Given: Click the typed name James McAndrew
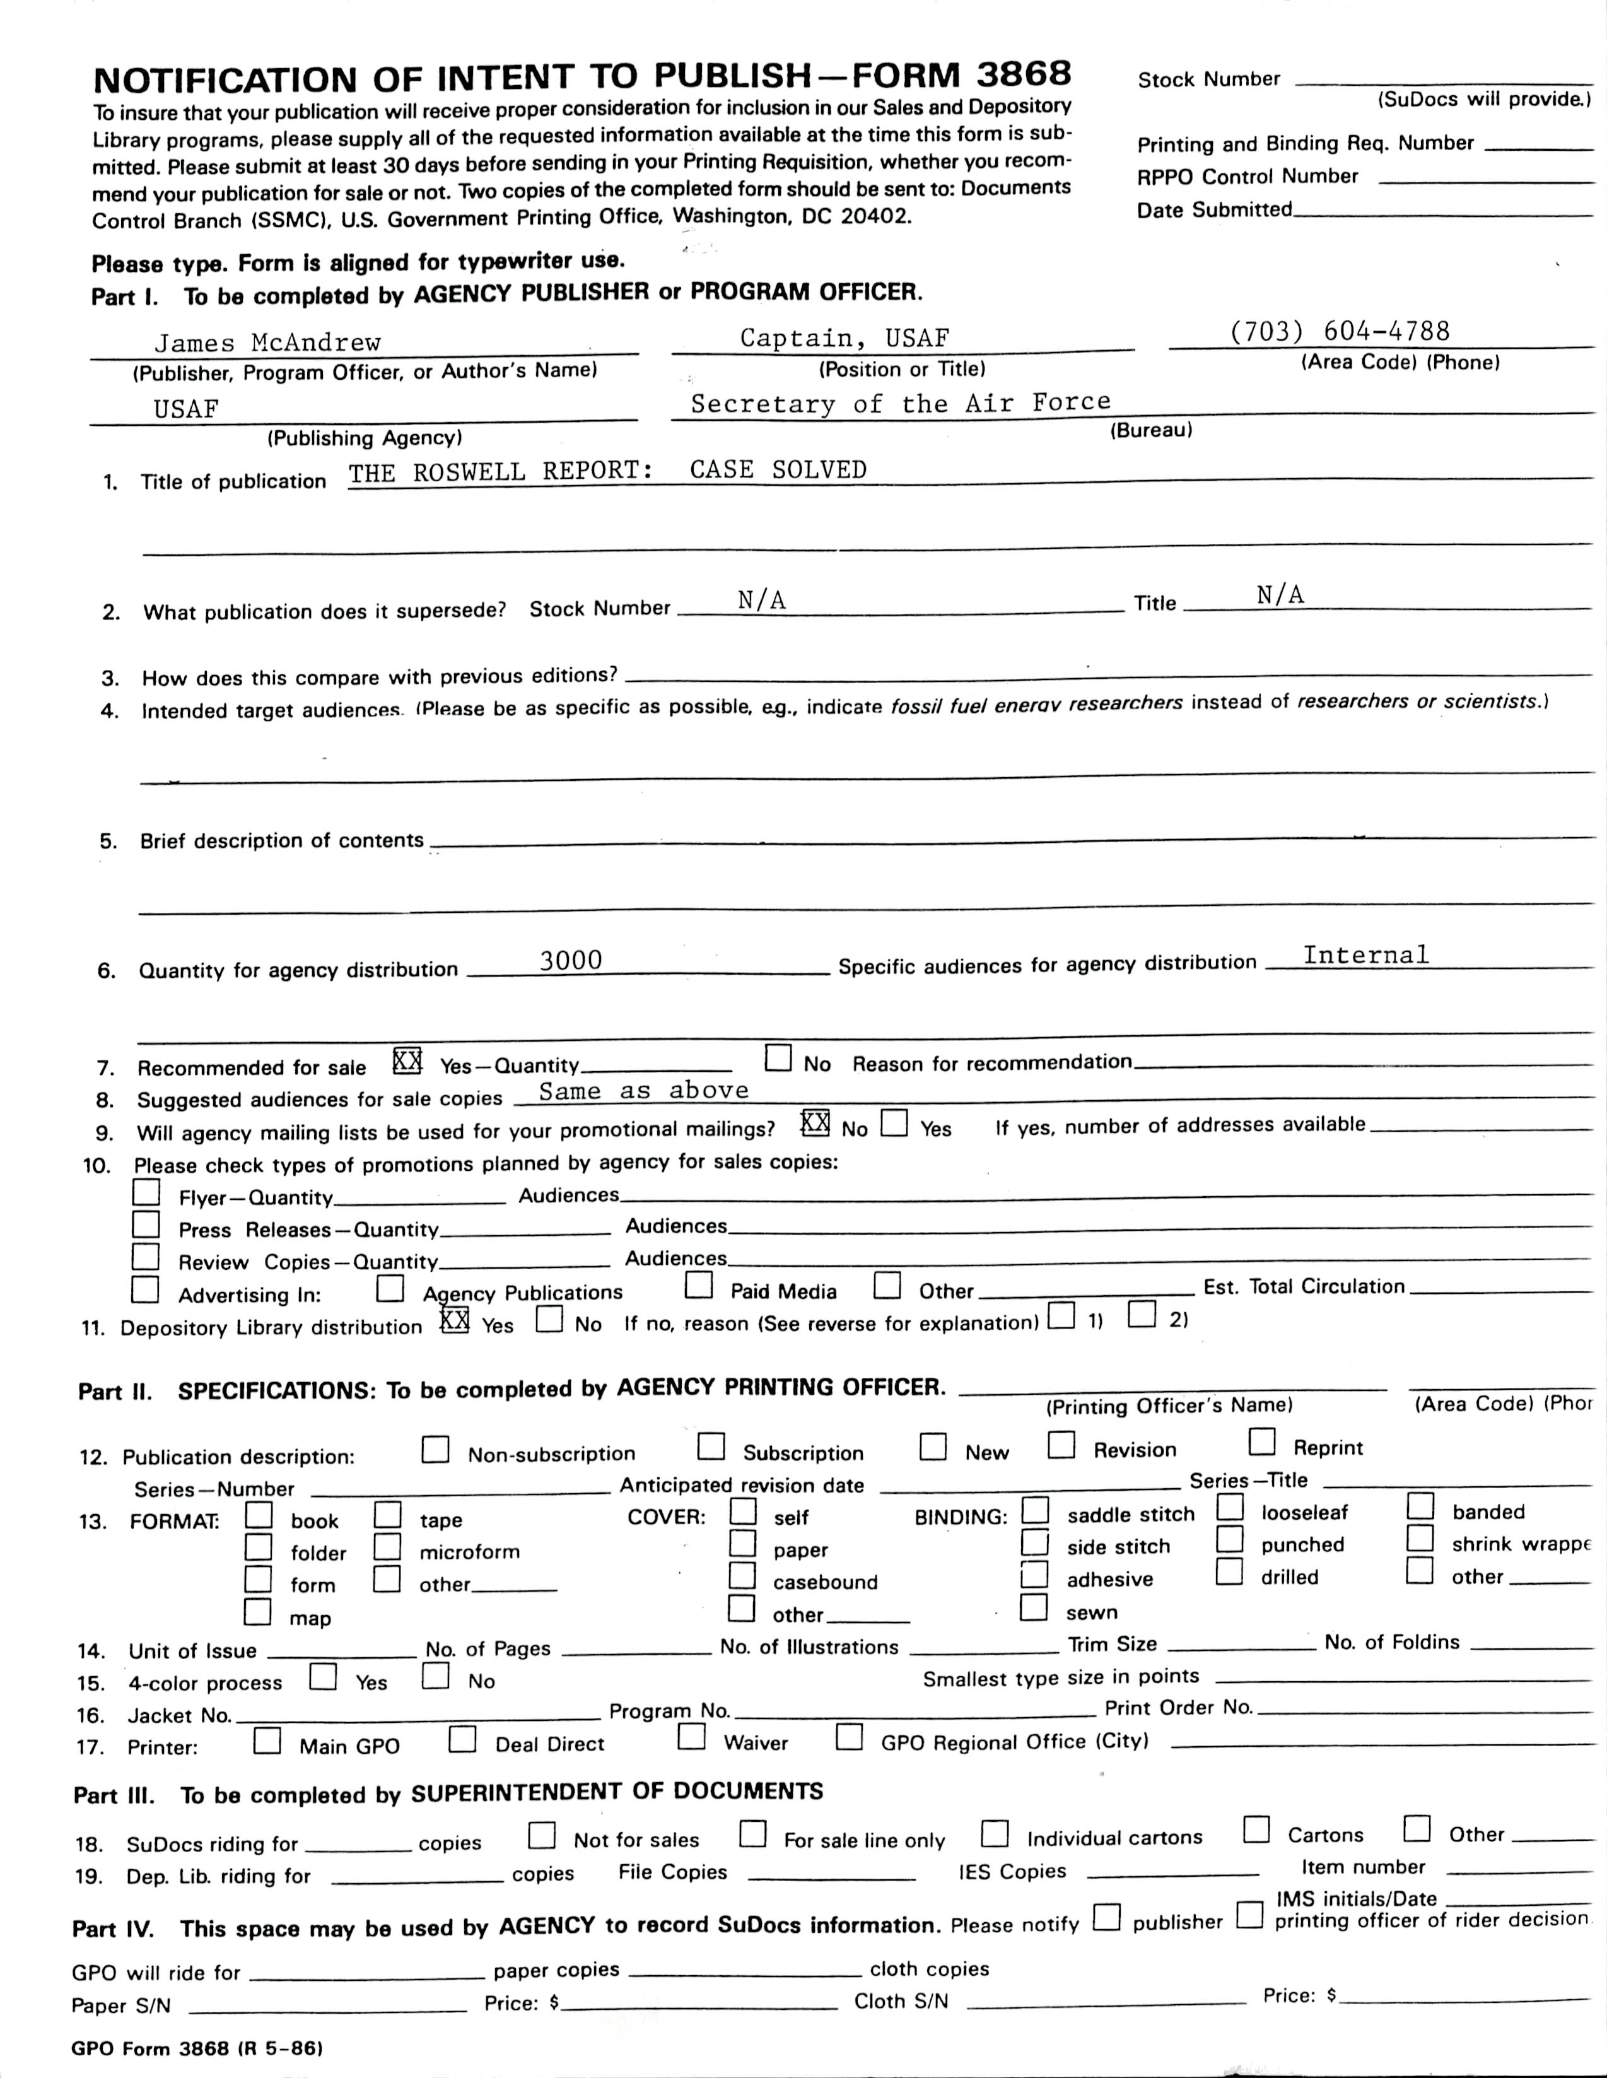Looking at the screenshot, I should pyautogui.click(x=267, y=343).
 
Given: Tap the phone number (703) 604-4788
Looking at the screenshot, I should pyautogui.click(x=1340, y=331).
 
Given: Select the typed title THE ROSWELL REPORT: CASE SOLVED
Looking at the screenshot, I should pyautogui.click(x=607, y=471).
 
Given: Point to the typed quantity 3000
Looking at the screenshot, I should pyautogui.click(x=571, y=961).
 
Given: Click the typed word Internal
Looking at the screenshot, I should pyautogui.click(x=1365, y=955).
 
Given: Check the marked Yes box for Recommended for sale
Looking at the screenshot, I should pyautogui.click(x=407, y=1060).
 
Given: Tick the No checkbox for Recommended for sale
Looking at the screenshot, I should pyautogui.click(x=778, y=1058).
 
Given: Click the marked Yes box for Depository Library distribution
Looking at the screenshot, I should pyautogui.click(x=455, y=1320).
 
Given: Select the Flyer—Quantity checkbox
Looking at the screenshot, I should pyautogui.click(x=146, y=1192).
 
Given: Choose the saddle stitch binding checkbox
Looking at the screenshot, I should pyautogui.click(x=1034, y=1510).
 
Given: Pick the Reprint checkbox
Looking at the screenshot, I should pyautogui.click(x=1261, y=1442).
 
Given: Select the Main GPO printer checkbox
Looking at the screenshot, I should pyautogui.click(x=267, y=1741).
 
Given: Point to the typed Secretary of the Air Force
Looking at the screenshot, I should pyautogui.click(x=900, y=402).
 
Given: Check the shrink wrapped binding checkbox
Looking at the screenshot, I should pyautogui.click(x=1420, y=1539).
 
